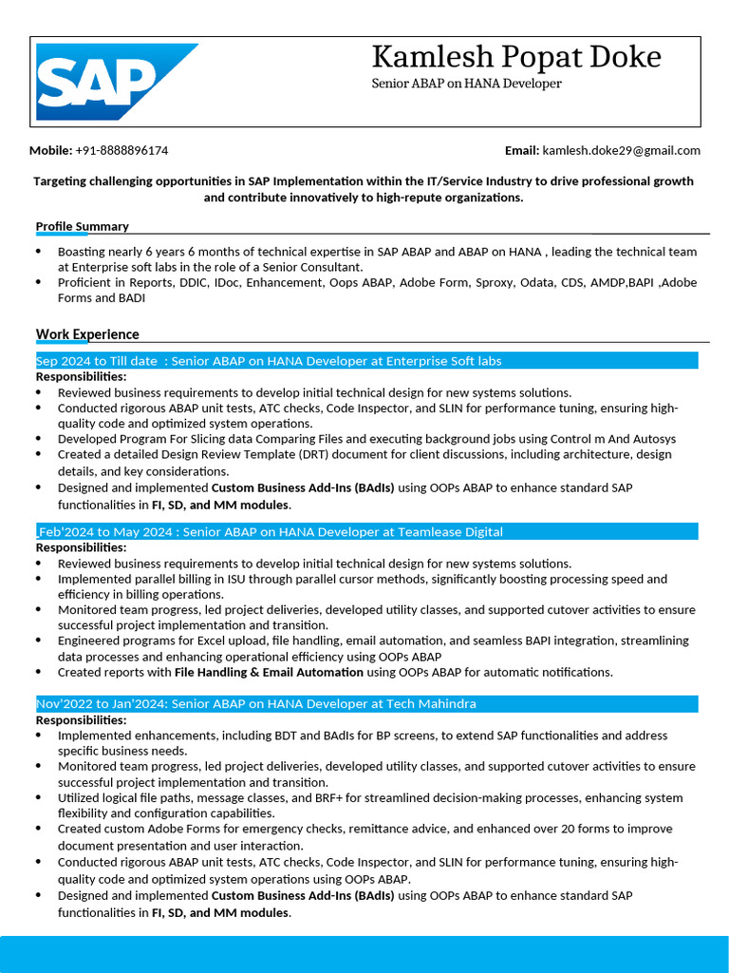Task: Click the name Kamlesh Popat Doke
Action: click(515, 57)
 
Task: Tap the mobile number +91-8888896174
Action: click(121, 150)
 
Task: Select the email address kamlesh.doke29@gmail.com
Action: click(621, 150)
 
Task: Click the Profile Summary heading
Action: click(82, 226)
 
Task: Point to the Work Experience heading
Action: click(87, 334)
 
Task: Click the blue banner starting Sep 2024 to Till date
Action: click(365, 361)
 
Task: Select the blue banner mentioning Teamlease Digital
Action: click(365, 532)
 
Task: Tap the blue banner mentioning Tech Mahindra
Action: click(365, 704)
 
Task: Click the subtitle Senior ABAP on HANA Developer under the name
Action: click(466, 84)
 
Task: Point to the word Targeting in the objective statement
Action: click(61, 181)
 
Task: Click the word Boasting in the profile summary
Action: click(82, 252)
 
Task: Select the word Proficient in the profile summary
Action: click(84, 282)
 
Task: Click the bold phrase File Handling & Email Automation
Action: click(269, 672)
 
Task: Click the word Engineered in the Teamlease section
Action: click(88, 640)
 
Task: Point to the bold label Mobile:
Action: click(50, 150)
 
